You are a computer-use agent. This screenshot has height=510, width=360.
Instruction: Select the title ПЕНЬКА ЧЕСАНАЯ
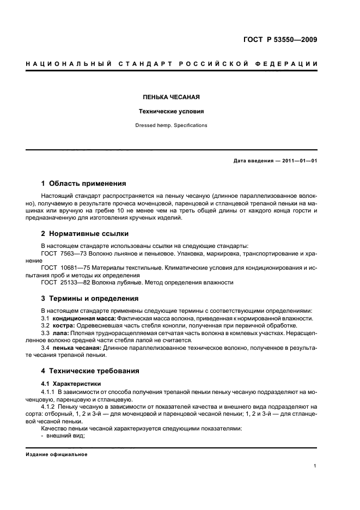click(171, 98)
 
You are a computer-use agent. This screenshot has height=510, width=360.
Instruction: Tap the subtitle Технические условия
click(171, 112)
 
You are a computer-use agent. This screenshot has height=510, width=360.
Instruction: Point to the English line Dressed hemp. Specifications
click(171, 125)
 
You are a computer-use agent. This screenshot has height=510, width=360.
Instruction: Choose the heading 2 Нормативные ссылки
click(85, 234)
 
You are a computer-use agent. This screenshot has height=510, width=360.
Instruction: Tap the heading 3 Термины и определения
click(89, 299)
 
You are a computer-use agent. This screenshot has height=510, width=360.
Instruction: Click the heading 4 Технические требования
click(90, 371)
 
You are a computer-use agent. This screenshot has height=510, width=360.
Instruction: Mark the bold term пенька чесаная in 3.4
click(78, 347)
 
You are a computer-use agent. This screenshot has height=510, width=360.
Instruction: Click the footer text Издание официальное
click(57, 454)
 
